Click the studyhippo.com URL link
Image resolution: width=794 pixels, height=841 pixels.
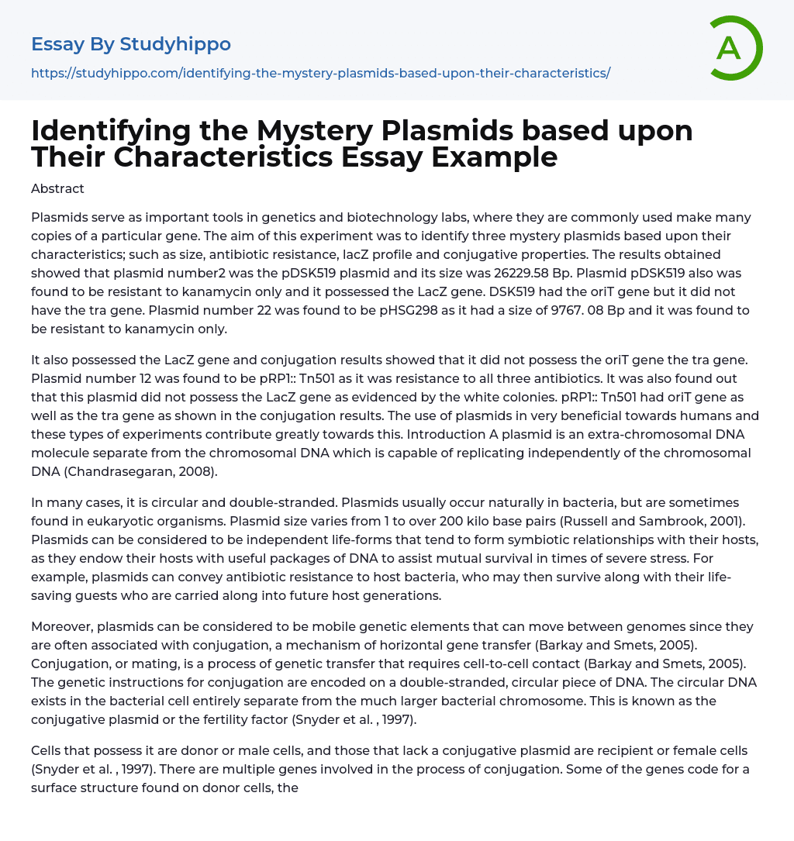click(320, 73)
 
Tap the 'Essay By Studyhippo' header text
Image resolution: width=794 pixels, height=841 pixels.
click(131, 45)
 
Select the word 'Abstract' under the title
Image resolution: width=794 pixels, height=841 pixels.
click(57, 188)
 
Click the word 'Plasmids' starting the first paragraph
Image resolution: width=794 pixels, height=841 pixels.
click(57, 218)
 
